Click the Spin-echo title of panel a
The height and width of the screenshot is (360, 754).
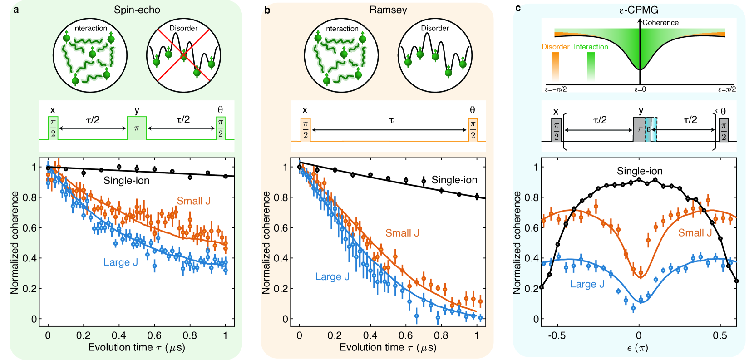[137, 10]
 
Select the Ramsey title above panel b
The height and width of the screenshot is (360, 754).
[388, 10]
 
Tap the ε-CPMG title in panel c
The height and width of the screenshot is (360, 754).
[639, 10]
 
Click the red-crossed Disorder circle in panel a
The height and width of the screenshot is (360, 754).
[183, 55]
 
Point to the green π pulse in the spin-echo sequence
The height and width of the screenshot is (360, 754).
[137, 128]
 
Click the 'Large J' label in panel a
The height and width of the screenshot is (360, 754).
[120, 262]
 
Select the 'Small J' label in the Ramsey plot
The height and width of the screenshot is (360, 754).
[402, 233]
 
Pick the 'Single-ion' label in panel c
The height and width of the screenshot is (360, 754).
[639, 171]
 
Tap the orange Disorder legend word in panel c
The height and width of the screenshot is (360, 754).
[556, 47]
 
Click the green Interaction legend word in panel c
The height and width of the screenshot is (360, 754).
[591, 47]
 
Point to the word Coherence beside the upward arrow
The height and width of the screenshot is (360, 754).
[660, 23]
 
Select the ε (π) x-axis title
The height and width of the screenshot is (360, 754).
[637, 348]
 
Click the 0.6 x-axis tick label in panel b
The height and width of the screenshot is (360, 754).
[405, 335]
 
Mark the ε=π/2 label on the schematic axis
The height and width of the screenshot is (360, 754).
[726, 89]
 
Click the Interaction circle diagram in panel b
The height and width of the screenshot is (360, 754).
[341, 55]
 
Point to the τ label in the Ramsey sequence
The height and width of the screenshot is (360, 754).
[391, 120]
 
